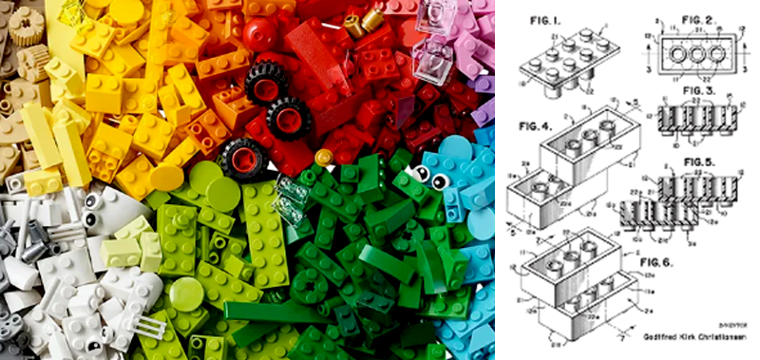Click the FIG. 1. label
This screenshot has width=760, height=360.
(x=541, y=17)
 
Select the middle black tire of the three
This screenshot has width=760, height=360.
(x=288, y=118)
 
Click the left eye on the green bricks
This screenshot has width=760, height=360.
(x=420, y=173)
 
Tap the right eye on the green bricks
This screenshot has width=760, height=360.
(x=440, y=181)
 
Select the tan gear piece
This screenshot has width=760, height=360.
(x=33, y=62)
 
